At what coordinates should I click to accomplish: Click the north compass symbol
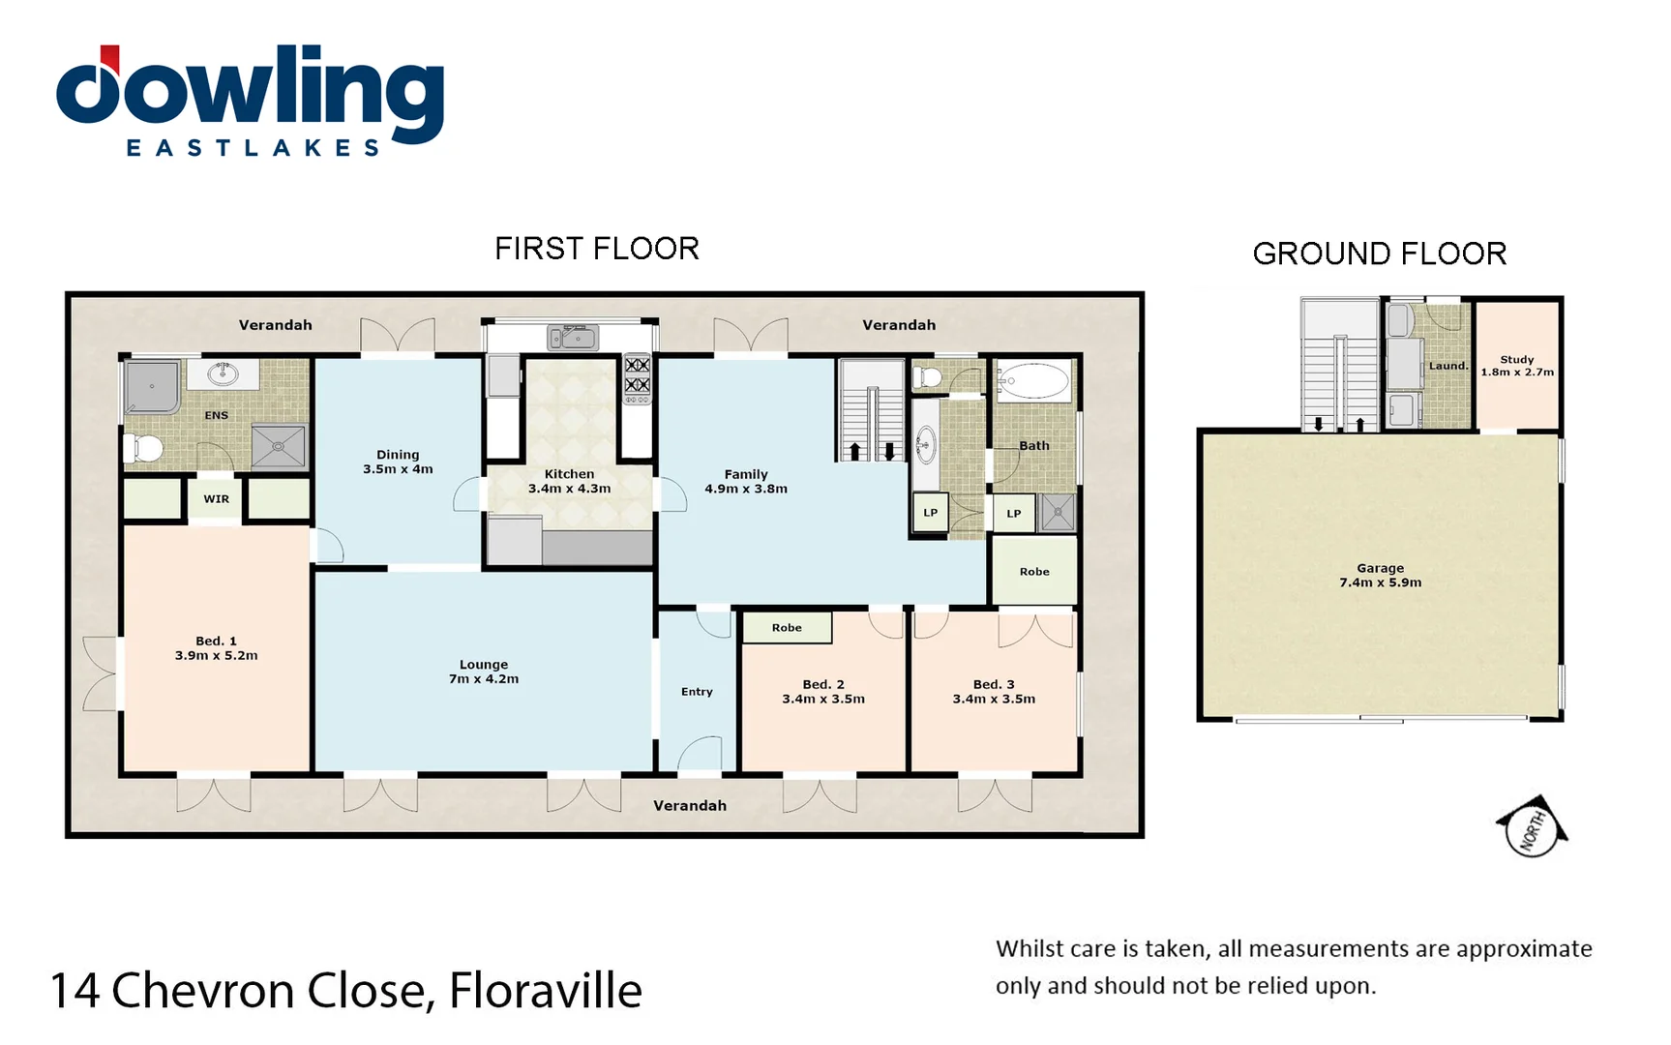pos(1533,827)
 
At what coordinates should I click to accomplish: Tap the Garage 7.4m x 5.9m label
pos(1380,576)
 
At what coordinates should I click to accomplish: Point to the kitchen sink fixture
pos(573,338)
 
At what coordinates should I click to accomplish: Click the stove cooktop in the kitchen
pos(637,375)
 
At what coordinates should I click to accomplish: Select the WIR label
pos(216,499)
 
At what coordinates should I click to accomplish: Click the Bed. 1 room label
pos(216,648)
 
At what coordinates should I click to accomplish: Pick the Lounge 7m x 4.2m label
pos(483,672)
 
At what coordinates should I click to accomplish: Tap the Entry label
pos(697,692)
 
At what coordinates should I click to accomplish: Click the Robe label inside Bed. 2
pos(787,628)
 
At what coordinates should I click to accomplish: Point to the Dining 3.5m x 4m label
pos(398,462)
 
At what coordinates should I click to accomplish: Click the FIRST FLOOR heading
pos(596,249)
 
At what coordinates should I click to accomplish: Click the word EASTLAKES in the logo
pos(254,148)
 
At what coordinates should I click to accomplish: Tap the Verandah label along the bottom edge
pos(689,805)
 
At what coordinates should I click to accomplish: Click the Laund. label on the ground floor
pos(1447,366)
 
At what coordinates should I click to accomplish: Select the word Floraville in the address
pos(545,991)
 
